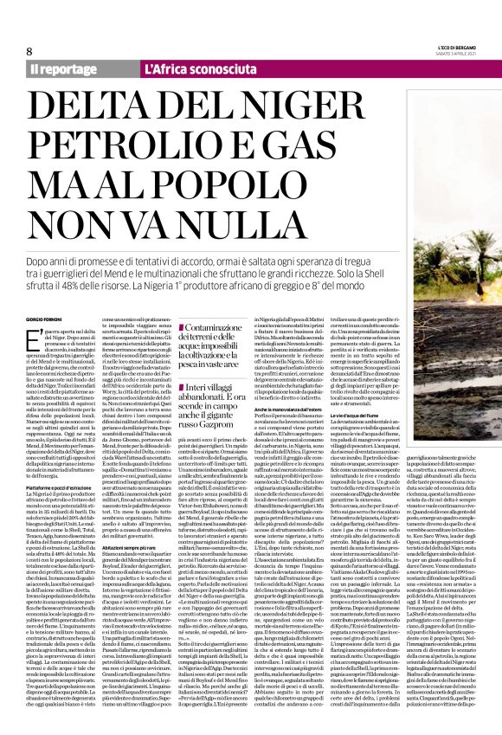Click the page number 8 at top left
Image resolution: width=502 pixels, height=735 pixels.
pyautogui.click(x=29, y=50)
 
